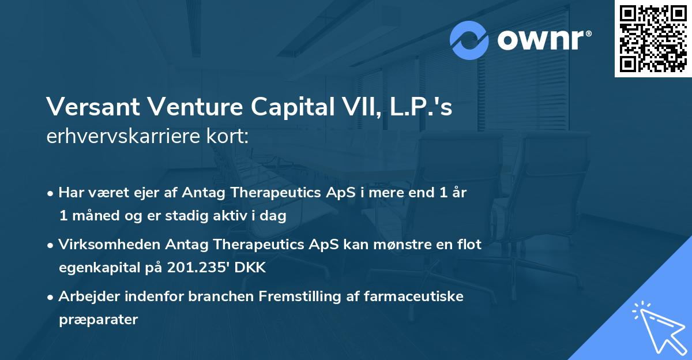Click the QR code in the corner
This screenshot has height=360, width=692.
click(x=653, y=39)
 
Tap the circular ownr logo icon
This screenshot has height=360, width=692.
click(x=469, y=40)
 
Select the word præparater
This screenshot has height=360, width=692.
click(x=98, y=320)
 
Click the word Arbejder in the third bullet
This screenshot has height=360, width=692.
click(x=85, y=297)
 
